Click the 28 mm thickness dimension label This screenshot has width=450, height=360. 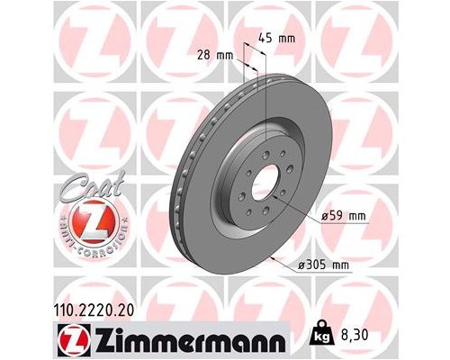click(217, 56)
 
